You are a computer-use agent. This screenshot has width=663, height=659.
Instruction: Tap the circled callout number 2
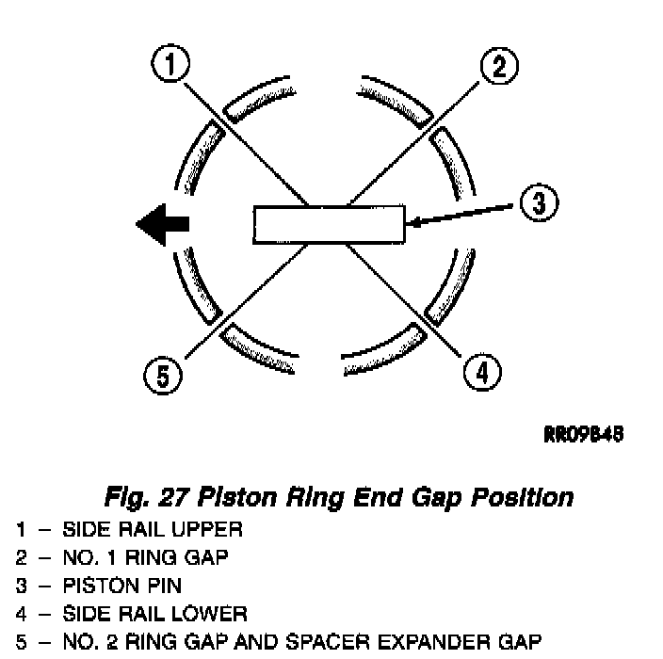(498, 64)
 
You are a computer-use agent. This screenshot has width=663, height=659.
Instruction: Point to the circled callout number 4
(481, 374)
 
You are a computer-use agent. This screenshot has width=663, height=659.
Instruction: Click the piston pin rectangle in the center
(329, 224)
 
